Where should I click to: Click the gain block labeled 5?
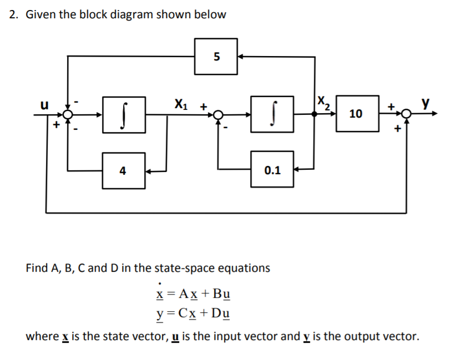[216, 56]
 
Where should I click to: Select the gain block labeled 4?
[123, 171]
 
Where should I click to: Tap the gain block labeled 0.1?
[272, 171]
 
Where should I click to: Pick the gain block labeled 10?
[356, 114]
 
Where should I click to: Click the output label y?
[426, 103]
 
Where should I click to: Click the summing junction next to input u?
[68, 114]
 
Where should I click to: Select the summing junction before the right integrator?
[218, 114]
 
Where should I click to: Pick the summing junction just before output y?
[406, 114]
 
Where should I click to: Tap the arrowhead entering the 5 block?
[242, 56]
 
